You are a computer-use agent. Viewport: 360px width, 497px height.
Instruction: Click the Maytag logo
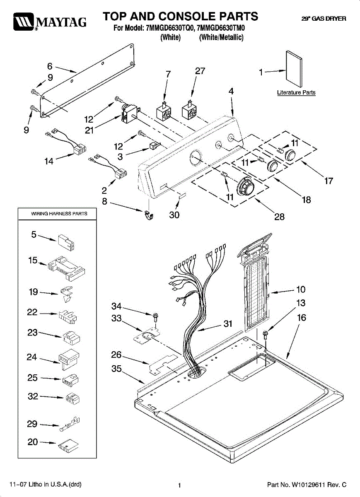click(50, 22)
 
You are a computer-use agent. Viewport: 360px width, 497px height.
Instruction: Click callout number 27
click(200, 71)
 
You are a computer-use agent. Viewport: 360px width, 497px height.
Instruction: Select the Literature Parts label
click(296, 92)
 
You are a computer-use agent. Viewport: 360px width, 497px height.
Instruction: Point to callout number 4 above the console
click(231, 91)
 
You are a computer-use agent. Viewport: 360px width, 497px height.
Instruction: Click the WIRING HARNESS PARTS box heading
click(59, 214)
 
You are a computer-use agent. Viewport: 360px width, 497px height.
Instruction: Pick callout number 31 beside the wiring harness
click(228, 324)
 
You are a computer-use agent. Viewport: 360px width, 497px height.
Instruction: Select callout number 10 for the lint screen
click(301, 289)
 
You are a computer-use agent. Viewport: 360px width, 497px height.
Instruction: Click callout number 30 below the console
click(174, 215)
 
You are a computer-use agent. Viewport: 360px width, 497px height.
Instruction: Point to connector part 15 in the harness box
click(66, 268)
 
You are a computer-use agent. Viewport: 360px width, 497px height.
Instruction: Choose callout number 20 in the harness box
click(33, 442)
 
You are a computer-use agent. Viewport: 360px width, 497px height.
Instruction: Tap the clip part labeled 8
click(149, 215)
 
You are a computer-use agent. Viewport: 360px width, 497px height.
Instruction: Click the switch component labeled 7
click(164, 112)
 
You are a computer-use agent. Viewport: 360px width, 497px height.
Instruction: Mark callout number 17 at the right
click(329, 181)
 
